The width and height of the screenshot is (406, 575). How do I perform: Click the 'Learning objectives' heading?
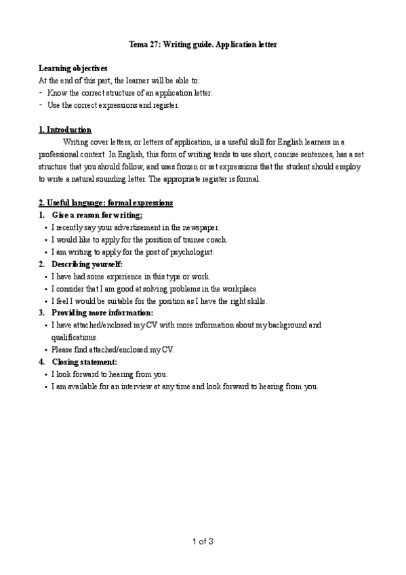[x=73, y=68]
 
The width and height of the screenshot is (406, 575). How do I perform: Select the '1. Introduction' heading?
[x=65, y=130]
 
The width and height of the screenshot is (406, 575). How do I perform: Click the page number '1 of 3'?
[x=202, y=541]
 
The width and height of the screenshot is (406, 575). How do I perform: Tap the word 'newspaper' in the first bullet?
[x=202, y=227]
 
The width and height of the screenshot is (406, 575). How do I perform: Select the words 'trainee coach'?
[x=205, y=239]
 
